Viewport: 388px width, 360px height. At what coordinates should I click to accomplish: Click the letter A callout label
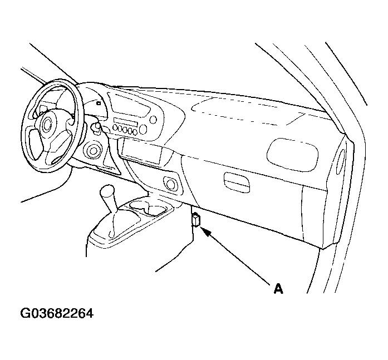[x=278, y=289]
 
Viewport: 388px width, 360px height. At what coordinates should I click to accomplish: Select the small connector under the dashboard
[x=197, y=220]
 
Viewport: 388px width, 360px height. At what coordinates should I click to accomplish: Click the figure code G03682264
[x=57, y=313]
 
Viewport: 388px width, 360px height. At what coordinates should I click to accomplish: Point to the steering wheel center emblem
[x=47, y=124]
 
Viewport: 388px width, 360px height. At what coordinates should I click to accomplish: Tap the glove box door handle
[x=237, y=182]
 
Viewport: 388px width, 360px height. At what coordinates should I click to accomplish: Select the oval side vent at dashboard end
[x=340, y=162]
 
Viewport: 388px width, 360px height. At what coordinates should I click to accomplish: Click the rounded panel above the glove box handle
[x=292, y=155]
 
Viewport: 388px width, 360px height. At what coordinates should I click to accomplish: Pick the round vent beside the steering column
[x=93, y=150]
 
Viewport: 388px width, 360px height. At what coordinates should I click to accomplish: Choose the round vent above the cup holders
[x=170, y=183]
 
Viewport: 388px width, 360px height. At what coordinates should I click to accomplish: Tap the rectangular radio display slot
[x=125, y=122]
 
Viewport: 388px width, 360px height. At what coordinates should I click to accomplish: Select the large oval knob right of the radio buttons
[x=143, y=130]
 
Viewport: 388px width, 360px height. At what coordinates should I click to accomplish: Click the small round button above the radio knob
[x=154, y=120]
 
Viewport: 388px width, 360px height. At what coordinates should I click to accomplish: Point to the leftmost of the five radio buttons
[x=115, y=127]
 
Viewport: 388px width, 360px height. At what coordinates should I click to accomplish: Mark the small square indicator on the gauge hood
[x=99, y=103]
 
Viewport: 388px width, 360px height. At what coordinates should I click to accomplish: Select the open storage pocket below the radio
[x=141, y=152]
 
